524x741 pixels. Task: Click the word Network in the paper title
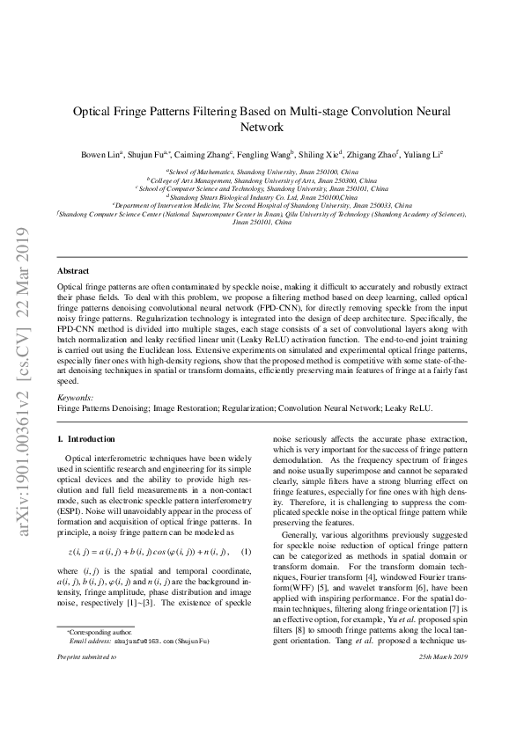pyautogui.click(x=262, y=127)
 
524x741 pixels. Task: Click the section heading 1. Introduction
pyautogui.click(x=85, y=438)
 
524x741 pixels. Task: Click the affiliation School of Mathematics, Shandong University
pyautogui.click(x=261, y=172)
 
